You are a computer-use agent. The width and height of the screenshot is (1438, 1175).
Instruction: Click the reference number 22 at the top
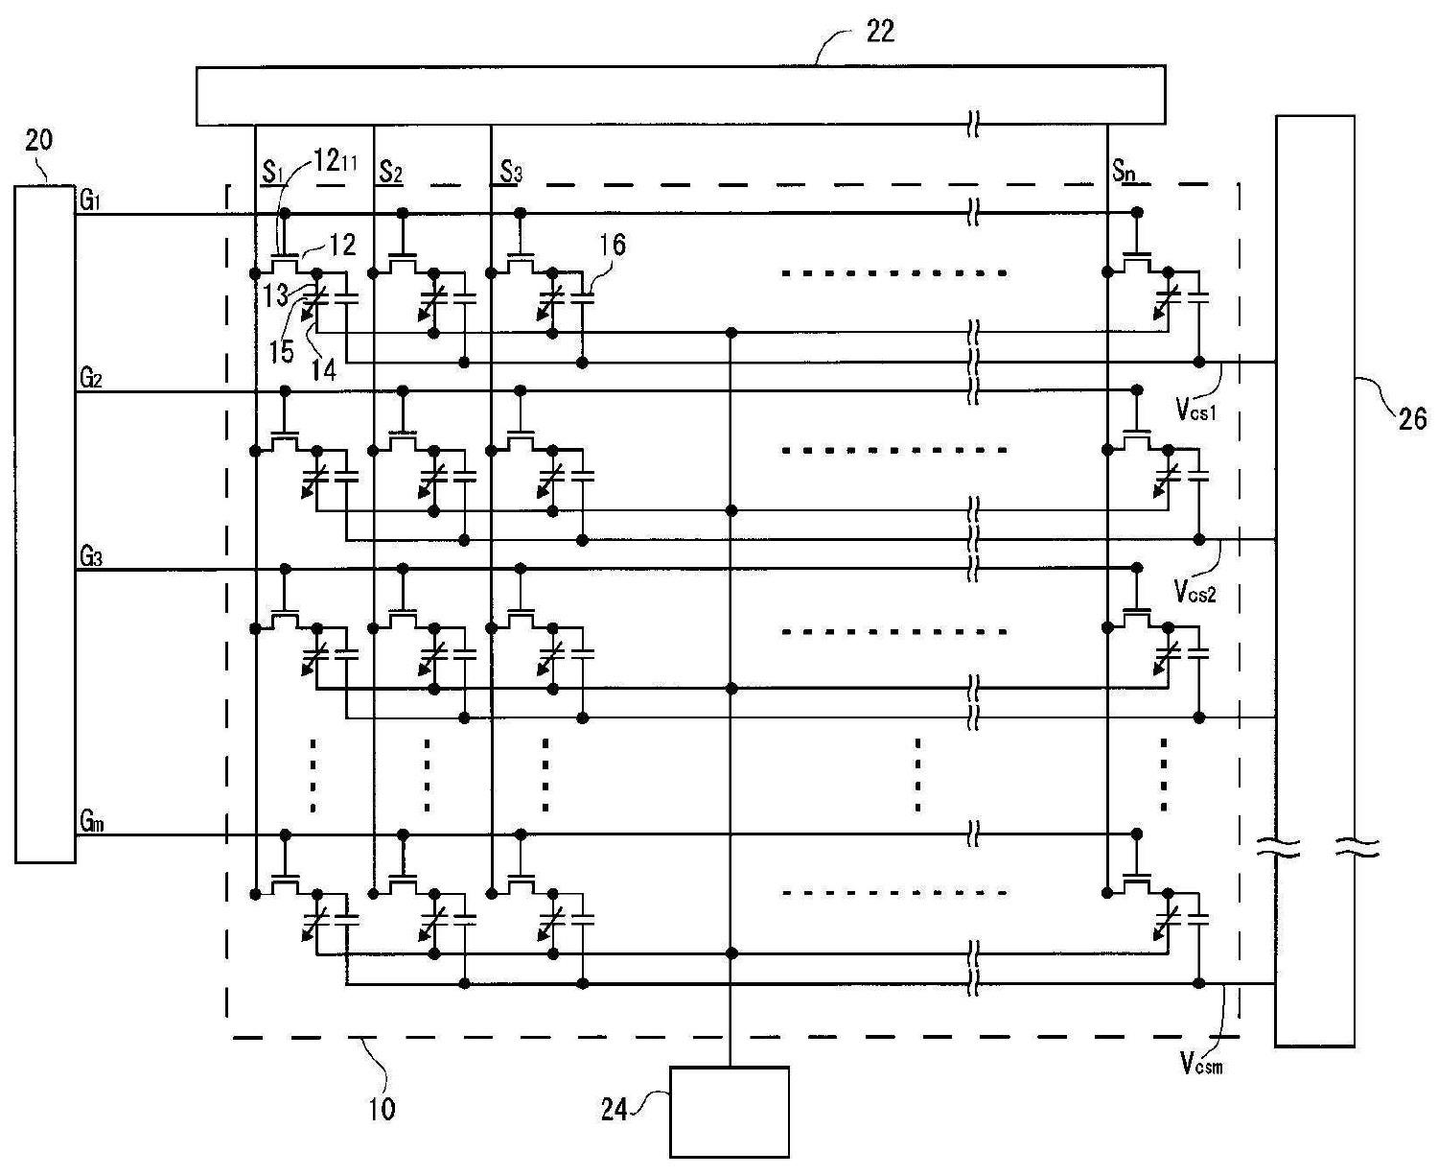879,32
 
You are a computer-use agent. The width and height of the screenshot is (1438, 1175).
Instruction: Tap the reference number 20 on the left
39,141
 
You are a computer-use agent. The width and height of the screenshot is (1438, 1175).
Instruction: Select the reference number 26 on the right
1412,418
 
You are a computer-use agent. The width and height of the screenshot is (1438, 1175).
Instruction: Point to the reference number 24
614,1110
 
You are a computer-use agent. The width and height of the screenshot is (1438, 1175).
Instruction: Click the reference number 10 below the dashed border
382,1110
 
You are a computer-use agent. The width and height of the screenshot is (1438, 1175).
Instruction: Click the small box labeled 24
729,1112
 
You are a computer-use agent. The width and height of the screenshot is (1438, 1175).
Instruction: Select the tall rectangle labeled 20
45,524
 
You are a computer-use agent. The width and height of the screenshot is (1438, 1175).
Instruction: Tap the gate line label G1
90,202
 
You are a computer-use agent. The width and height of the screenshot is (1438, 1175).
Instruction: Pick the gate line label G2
91,378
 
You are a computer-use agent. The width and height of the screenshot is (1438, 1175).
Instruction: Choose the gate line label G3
91,556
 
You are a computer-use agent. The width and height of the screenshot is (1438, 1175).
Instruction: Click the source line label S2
391,172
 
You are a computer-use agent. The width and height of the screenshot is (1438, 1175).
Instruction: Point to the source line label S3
511,172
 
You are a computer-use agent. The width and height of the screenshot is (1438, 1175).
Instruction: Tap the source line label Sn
1125,171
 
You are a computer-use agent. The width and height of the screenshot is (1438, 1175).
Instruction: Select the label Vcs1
1196,410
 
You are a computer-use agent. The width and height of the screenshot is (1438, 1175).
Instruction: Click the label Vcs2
1195,591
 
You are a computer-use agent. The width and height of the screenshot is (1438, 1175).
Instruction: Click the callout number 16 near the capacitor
613,245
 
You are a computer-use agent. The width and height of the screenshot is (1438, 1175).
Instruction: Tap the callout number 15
280,351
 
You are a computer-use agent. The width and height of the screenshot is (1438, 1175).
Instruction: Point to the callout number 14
324,369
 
